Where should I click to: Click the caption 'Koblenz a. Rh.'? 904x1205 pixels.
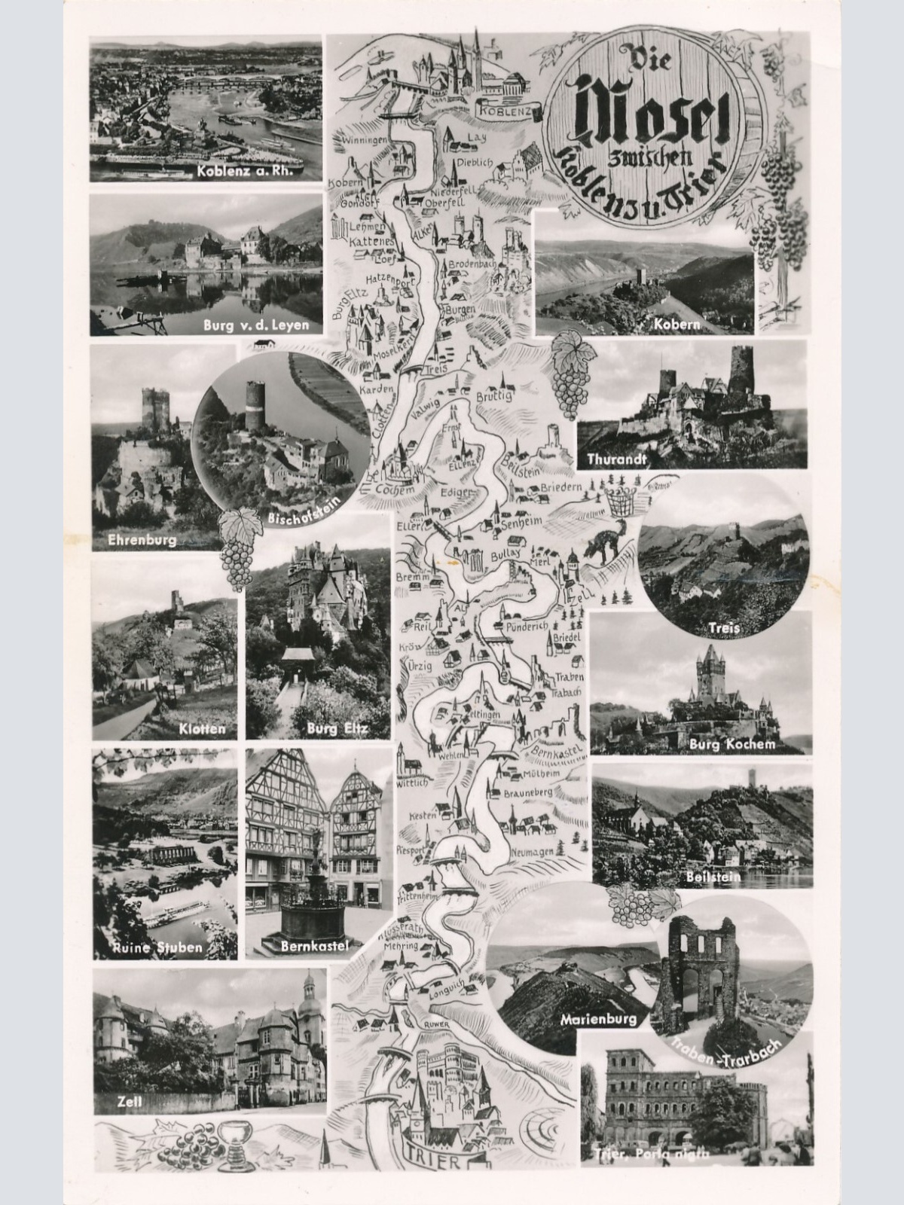pos(249,170)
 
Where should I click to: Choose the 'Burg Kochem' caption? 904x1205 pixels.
pos(731,744)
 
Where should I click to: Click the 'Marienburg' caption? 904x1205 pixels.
pos(598,1020)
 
